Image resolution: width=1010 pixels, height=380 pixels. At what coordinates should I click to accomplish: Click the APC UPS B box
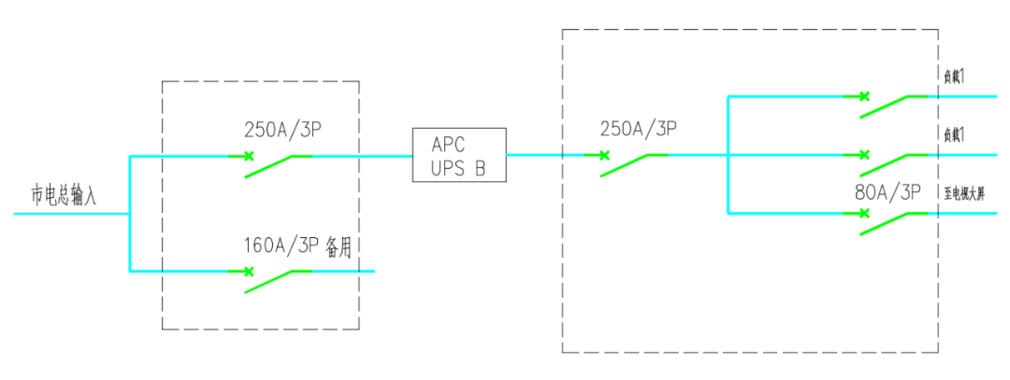(459, 155)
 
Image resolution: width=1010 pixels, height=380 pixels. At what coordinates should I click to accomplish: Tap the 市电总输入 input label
(64, 196)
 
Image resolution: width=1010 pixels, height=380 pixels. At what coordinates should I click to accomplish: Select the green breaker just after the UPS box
(633, 163)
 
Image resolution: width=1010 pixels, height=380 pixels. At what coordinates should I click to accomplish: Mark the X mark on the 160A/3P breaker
(248, 272)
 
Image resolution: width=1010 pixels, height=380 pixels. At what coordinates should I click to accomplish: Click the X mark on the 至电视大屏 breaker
(864, 214)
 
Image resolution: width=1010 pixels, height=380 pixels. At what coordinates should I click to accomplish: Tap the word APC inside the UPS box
(448, 145)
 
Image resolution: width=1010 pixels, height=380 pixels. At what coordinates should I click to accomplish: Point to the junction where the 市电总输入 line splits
(130, 214)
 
